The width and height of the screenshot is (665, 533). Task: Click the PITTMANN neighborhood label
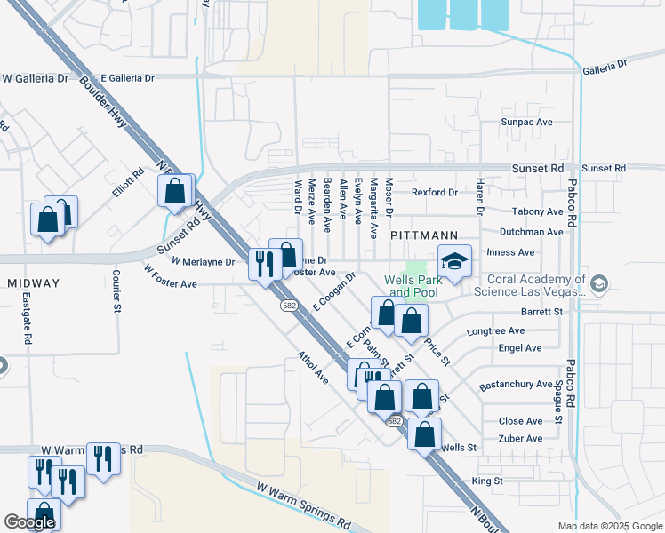424,235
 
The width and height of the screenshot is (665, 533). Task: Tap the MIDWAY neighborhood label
33,283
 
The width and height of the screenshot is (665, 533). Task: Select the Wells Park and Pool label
413,286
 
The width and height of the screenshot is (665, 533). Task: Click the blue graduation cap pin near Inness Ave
453,263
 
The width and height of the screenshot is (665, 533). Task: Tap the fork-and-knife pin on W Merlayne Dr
265,264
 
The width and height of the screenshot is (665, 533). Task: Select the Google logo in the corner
29,522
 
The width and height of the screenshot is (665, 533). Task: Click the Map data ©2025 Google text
609,526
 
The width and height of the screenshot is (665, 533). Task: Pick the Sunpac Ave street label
526,122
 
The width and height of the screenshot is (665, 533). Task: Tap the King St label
487,481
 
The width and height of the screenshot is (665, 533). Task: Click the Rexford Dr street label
434,192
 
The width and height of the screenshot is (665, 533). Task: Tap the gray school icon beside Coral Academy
599,283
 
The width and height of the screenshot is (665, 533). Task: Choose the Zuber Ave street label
520,439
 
